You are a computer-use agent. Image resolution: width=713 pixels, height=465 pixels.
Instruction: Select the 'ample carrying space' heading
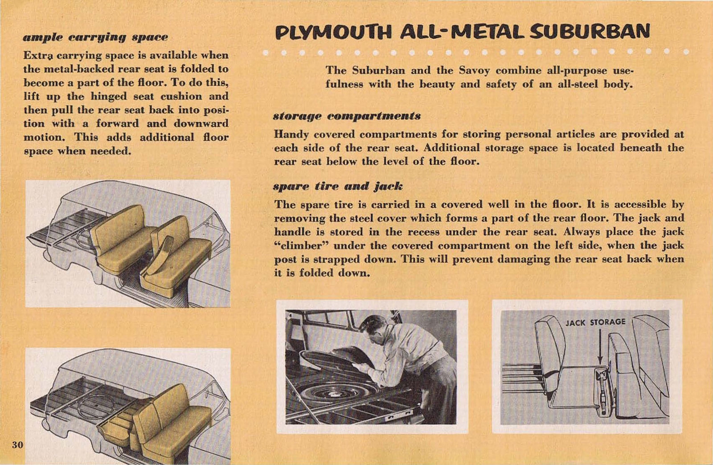[x=95, y=37]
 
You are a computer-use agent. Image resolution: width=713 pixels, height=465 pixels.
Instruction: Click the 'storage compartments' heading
[x=347, y=116]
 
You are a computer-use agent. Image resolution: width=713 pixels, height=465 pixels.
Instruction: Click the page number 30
[x=17, y=444]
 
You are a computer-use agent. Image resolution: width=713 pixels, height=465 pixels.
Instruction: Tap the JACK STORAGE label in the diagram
[x=595, y=322]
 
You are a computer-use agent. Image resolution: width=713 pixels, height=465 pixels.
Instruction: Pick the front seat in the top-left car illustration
[x=178, y=258]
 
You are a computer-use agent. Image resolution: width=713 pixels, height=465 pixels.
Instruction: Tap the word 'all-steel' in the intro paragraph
[x=578, y=84]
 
